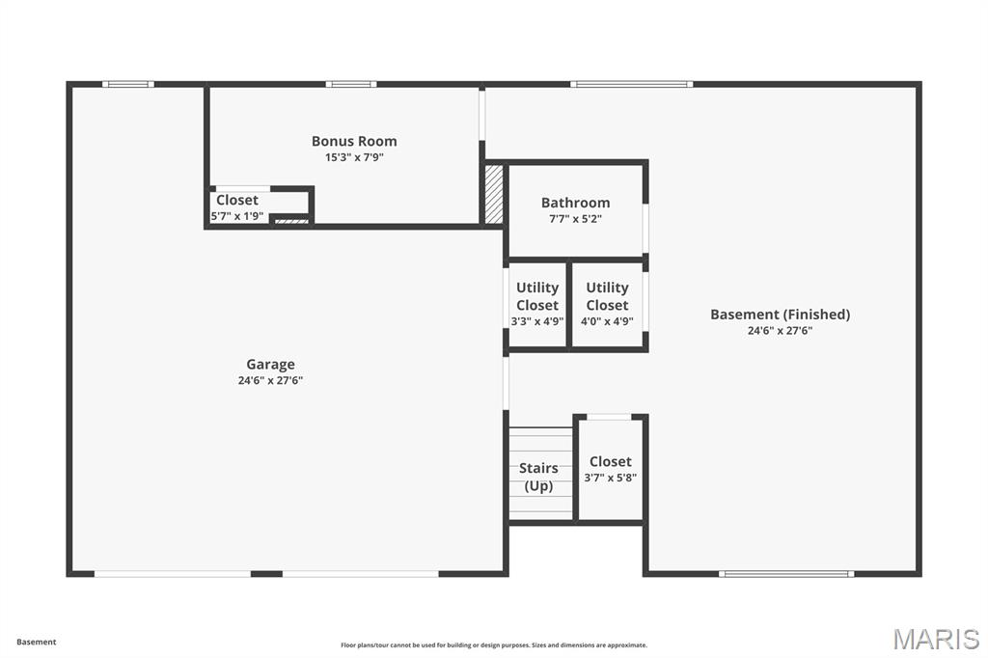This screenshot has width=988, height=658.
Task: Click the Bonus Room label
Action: click(354, 141)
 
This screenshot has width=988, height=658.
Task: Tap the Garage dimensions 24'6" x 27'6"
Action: click(270, 380)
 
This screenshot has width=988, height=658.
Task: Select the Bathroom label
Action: click(575, 203)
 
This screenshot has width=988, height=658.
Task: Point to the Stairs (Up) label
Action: click(538, 477)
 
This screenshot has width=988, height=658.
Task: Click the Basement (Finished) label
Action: click(780, 314)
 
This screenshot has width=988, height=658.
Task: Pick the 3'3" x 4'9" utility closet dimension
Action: click(537, 321)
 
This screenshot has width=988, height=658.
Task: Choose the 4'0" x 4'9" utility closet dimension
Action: click(608, 321)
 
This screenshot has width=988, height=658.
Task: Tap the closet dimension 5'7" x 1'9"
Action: click(237, 216)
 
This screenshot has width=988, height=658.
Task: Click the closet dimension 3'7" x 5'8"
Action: click(610, 478)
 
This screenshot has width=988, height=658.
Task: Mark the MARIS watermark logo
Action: click(936, 639)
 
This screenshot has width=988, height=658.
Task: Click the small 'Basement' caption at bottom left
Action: click(37, 642)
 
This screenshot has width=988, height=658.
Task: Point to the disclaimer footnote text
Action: click(494, 644)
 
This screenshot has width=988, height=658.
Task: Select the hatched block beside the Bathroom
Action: click(493, 194)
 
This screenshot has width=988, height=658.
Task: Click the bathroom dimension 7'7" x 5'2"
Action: click(575, 219)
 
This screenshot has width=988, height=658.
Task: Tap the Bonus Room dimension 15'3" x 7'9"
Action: click(354, 157)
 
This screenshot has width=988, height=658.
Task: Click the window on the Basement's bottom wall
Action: click(786, 573)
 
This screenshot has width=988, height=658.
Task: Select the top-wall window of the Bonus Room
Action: click(351, 84)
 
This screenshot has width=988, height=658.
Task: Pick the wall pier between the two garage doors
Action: click(266, 573)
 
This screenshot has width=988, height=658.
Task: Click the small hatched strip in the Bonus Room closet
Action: click(291, 221)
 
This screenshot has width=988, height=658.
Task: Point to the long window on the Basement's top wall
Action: click(631, 84)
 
